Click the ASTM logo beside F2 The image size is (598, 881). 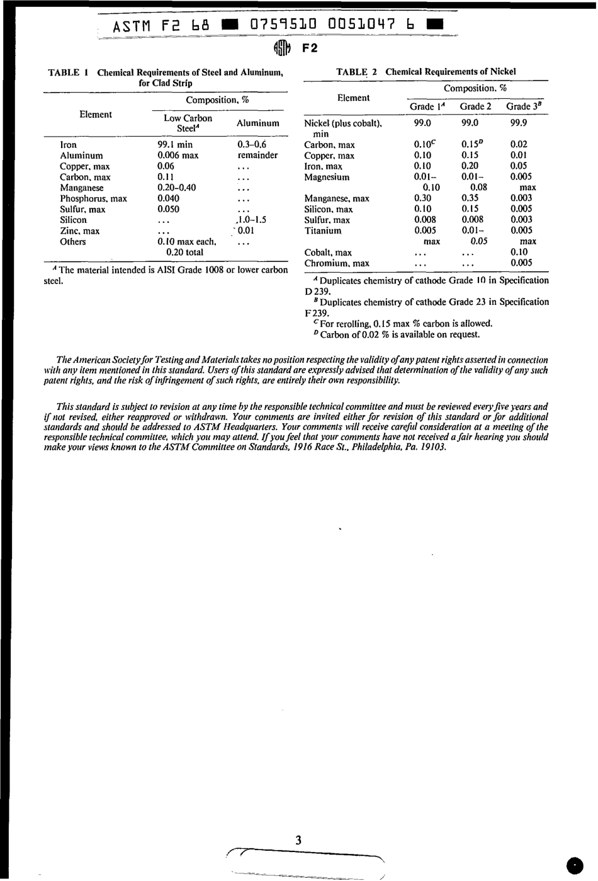point(283,48)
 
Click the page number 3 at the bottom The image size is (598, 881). point(298,839)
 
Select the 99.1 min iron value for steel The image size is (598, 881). point(175,145)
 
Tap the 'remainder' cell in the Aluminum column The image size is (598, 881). point(257,156)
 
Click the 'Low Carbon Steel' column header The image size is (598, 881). point(188,123)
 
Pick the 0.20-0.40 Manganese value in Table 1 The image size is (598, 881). point(176,188)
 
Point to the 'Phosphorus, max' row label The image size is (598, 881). point(93,198)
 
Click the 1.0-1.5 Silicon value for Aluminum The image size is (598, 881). point(250,220)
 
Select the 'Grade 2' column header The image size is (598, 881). point(475,106)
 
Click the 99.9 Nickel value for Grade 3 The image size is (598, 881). point(519,123)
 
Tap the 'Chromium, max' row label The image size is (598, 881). point(337,263)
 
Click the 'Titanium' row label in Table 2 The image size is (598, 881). point(323,230)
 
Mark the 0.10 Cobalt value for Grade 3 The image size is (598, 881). point(519,252)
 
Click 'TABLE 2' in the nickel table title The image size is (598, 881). point(357,72)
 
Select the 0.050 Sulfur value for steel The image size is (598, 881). point(168,209)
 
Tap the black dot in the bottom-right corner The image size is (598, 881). point(575,866)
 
